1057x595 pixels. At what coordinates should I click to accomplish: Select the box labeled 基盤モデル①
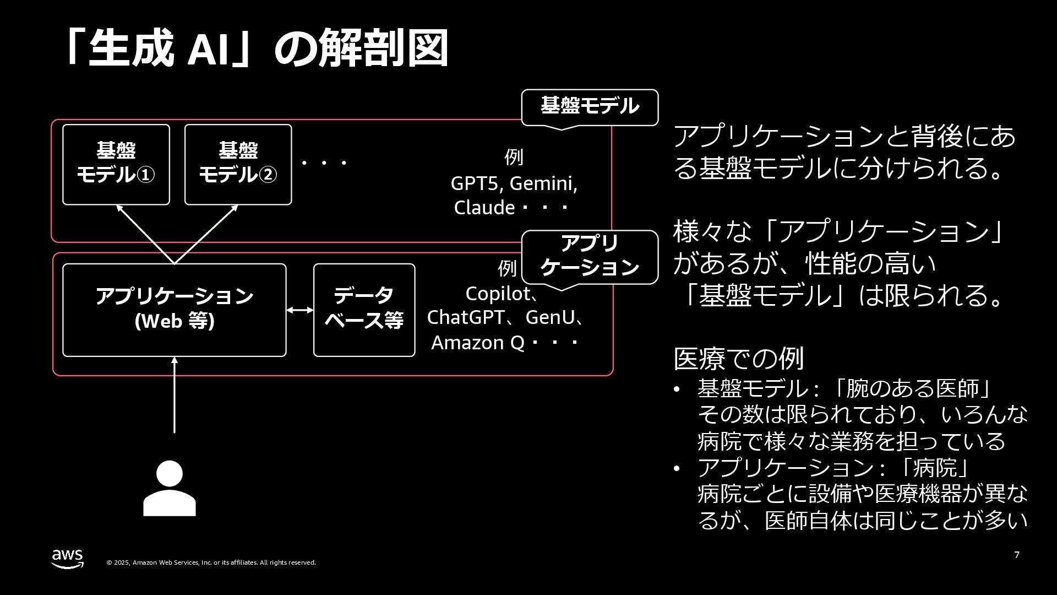click(116, 164)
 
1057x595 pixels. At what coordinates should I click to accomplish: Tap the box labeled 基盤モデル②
click(238, 164)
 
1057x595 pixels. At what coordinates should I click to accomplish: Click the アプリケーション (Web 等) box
click(174, 310)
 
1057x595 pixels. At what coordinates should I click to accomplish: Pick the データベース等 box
click(364, 310)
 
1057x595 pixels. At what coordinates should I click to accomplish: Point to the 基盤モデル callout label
click(590, 106)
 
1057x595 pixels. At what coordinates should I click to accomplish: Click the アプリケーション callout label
click(590, 256)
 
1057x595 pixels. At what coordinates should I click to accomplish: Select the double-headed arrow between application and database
click(300, 310)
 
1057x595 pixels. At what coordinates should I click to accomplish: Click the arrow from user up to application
click(175, 394)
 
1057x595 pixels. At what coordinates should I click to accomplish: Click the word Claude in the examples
click(484, 208)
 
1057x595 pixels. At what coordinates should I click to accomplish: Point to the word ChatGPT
click(465, 317)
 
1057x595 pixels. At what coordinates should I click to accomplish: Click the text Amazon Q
click(477, 343)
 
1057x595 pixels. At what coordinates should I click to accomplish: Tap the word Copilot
click(497, 294)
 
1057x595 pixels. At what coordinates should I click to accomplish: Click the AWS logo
click(68, 558)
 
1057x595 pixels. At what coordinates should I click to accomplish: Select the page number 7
click(1017, 555)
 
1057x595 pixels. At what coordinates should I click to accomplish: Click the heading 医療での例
click(738, 359)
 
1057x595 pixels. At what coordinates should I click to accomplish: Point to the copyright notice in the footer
click(211, 562)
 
